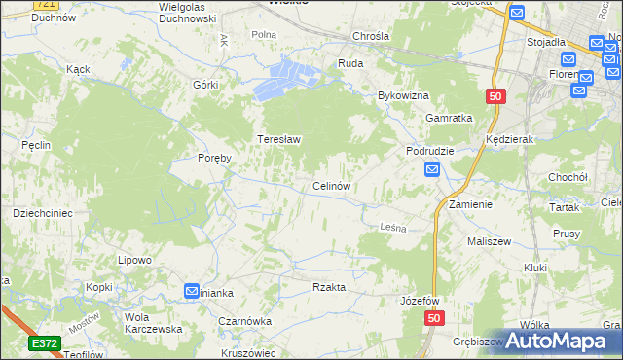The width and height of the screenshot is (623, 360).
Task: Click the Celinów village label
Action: tap(331, 186)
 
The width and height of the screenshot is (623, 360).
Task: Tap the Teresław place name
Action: tap(278, 139)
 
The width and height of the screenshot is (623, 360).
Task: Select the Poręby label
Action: tap(214, 158)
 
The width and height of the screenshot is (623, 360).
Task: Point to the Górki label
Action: tap(205, 85)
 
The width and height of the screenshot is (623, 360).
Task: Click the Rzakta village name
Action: tap(329, 287)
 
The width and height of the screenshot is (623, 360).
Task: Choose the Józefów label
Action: tap(421, 301)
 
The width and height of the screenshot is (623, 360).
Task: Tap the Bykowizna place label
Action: tap(404, 96)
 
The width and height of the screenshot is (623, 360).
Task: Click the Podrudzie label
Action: tap(431, 152)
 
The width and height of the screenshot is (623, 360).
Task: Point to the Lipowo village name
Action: tap(134, 260)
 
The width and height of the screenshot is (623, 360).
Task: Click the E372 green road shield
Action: tap(45, 343)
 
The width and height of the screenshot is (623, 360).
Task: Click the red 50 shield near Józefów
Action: tap(434, 318)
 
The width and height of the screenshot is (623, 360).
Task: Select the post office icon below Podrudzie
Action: tap(432, 170)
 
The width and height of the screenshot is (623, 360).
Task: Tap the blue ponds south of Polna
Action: tap(287, 79)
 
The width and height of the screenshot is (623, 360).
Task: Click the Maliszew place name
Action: tap(490, 240)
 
